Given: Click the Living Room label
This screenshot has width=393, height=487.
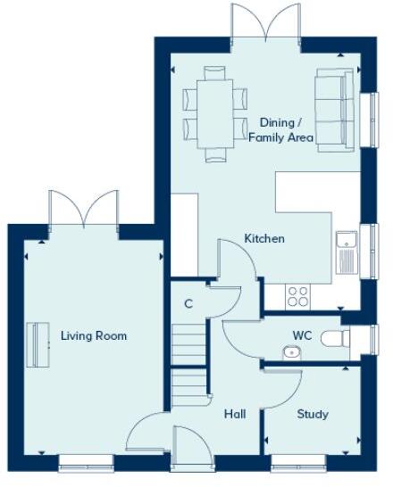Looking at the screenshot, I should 93,336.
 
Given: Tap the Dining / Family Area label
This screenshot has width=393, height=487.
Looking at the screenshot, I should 280,129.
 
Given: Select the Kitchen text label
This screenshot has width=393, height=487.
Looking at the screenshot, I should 264,239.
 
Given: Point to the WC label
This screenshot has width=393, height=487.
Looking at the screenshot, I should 302,336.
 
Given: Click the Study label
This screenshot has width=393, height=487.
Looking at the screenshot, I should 313,414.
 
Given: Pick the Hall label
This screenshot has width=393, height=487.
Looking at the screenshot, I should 235,414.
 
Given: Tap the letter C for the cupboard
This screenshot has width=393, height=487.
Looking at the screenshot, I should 188,304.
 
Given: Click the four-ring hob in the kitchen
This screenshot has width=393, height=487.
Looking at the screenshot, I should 297,295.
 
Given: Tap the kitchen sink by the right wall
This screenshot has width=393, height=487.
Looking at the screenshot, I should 346,252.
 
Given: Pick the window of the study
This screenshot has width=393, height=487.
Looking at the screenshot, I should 297,461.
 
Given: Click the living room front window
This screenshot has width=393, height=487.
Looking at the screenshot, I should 86,461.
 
